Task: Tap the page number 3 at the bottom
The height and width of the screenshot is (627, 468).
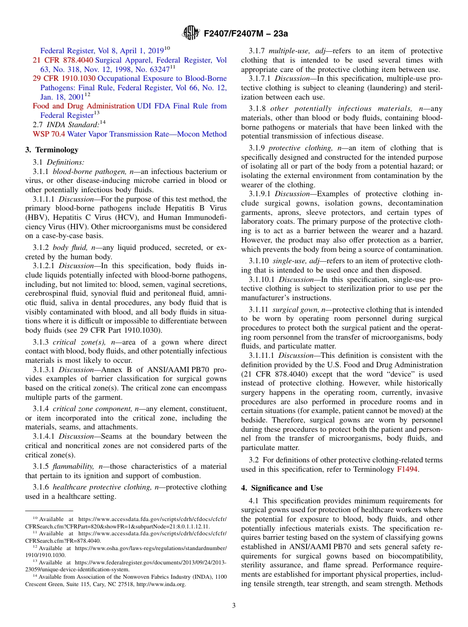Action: tap(234, 605)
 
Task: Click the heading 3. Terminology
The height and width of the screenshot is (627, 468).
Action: tap(52, 150)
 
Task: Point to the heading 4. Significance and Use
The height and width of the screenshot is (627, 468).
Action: tap(282, 488)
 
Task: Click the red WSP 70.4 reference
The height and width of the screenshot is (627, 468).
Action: tap(49, 134)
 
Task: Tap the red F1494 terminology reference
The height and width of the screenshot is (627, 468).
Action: tap(407, 470)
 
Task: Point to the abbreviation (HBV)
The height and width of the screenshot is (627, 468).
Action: tap(35, 217)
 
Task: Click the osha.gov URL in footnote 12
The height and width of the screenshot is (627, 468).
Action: tap(150, 548)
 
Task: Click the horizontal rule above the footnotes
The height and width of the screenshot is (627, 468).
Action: tap(49, 511)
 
